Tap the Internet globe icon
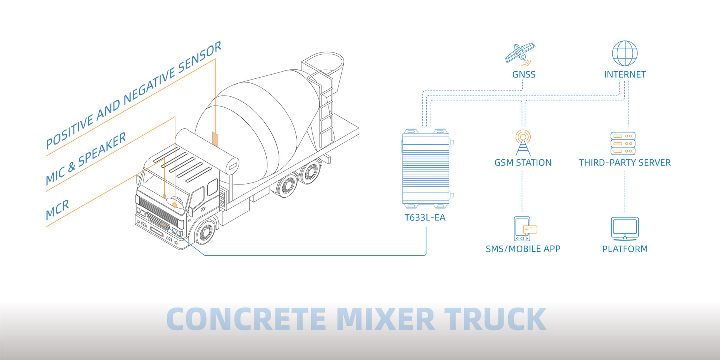pos(625,53)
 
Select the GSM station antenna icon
pos(523,142)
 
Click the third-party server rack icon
pos(623,143)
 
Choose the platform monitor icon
pos(625,228)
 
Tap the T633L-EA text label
pos(425,217)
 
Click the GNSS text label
pos(524,74)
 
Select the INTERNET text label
pos(625,74)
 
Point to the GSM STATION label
pos(523,163)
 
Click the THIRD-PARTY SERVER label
pos(625,163)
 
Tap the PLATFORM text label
pos(625,249)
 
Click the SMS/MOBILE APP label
pos(523,249)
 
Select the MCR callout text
pos(57,210)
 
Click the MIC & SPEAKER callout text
pos(86,159)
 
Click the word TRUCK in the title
pos(495,319)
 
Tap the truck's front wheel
pos(205,231)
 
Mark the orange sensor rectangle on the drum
pos(215,138)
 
